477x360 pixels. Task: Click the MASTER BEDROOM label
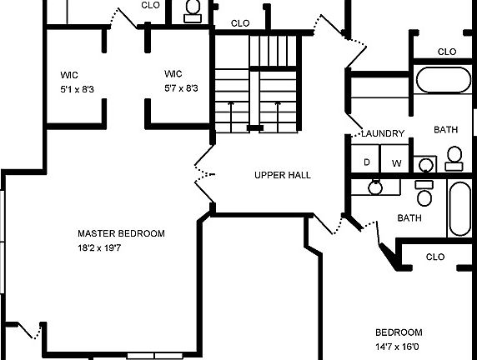pos(121,234)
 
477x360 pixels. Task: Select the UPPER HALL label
pos(282,176)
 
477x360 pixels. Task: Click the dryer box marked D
pos(366,162)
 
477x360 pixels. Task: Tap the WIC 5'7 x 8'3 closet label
pos(180,81)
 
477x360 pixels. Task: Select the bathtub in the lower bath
pos(461,209)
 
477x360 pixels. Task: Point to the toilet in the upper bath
pos(454,157)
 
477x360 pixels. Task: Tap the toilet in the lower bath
pos(424,195)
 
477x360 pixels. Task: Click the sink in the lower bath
pos(375,187)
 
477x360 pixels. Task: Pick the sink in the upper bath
pos(425,164)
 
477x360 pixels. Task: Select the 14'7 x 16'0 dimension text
pos(398,346)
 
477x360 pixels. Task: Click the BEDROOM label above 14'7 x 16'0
pos(398,332)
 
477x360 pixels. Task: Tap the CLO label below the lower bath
pos(434,257)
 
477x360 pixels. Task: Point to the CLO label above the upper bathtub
pos(446,52)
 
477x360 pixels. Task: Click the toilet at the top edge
pos(193,8)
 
